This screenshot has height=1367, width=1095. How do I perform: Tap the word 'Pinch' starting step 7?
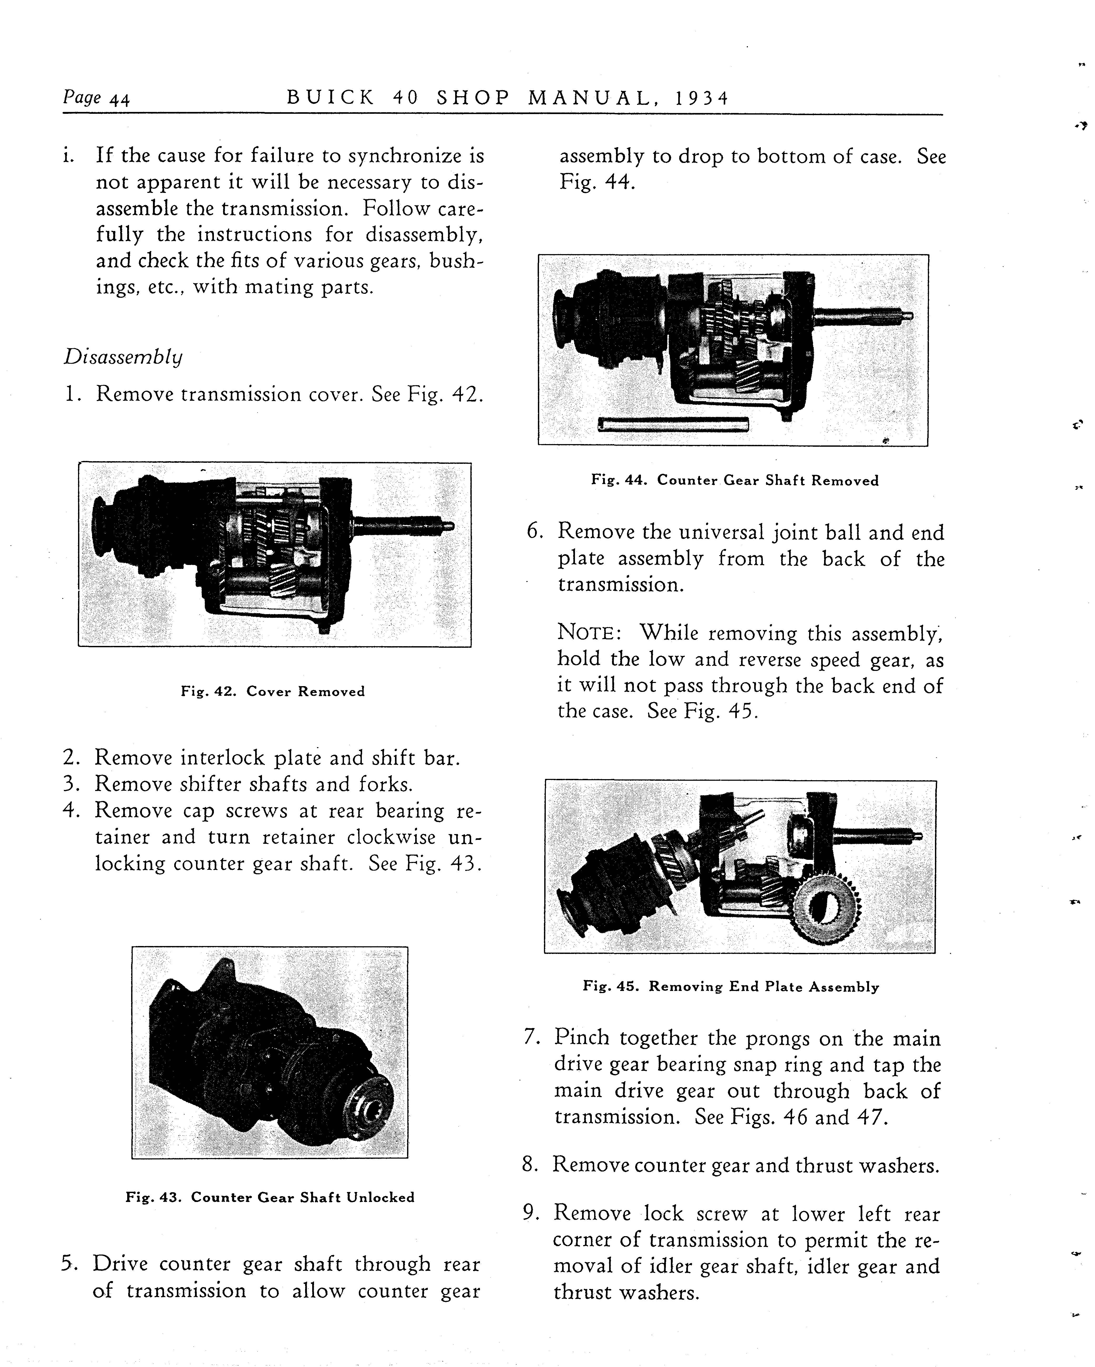582,1038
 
